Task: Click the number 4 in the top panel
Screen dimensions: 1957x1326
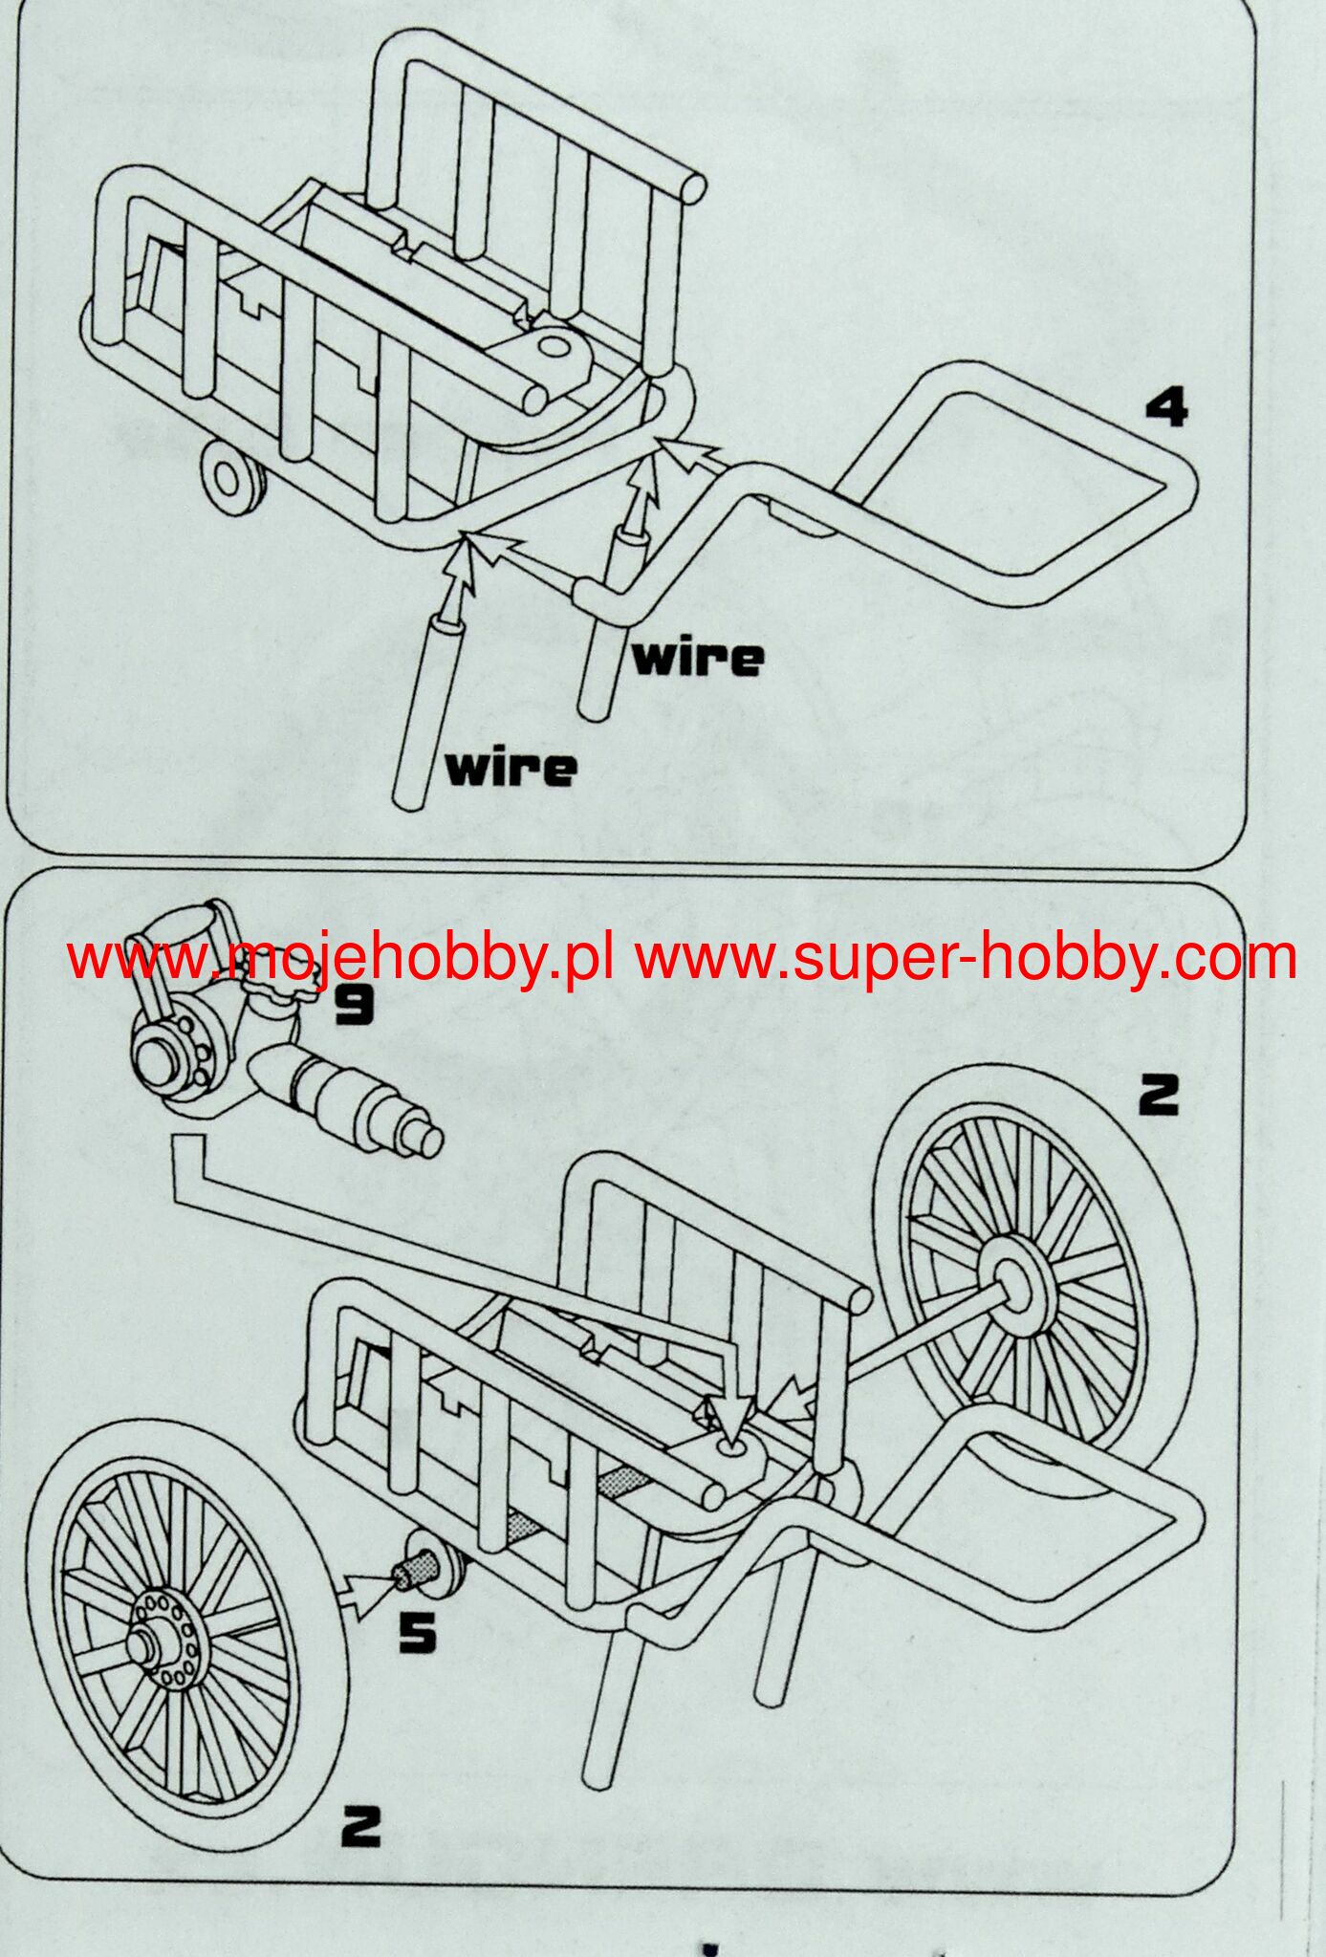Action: [1166, 408]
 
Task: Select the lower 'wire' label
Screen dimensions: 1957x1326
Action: [512, 767]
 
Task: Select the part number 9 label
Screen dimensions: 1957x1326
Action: [355, 1005]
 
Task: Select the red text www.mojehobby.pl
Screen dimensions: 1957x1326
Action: [339, 958]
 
